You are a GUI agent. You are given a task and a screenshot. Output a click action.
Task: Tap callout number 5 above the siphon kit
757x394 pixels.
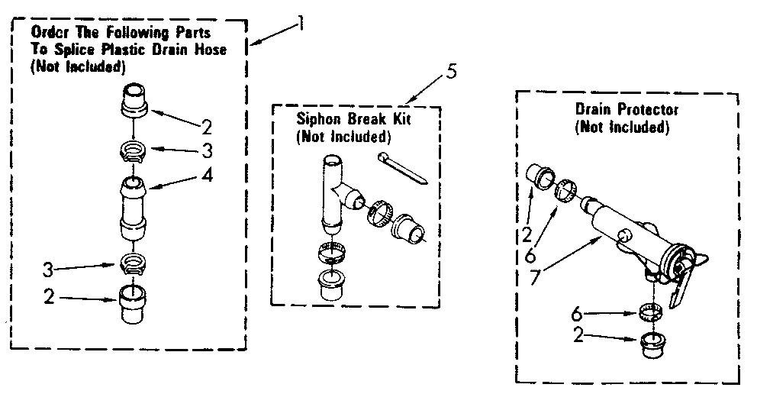click(x=452, y=74)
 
